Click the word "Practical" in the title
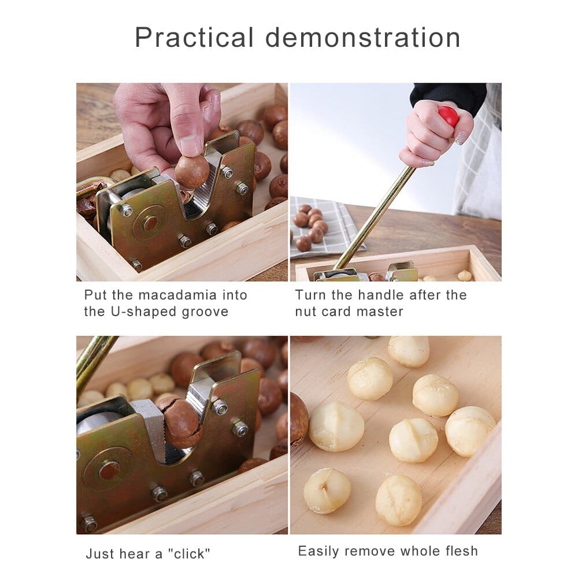tap(194, 37)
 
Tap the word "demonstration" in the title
tap(363, 37)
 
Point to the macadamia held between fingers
tap(191, 172)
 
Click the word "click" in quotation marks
tap(189, 554)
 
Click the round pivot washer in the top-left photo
tap(150, 223)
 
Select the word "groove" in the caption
tap(205, 312)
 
